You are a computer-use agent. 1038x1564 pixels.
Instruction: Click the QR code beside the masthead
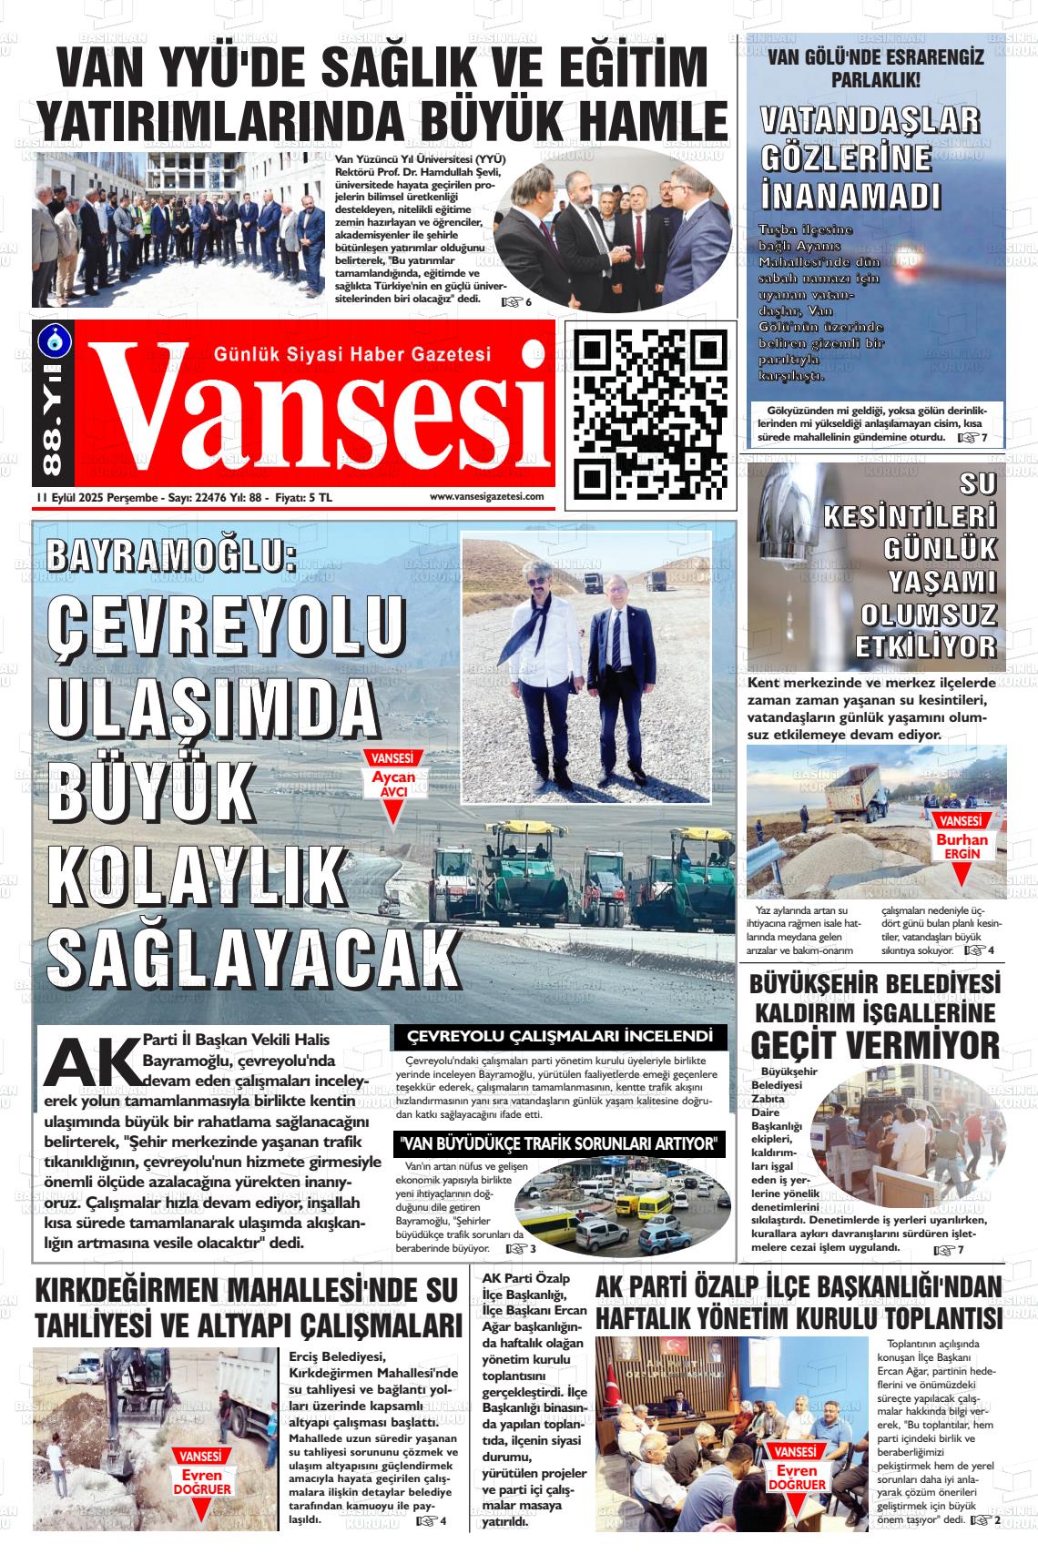(651, 414)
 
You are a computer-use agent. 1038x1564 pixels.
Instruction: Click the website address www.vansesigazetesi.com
(486, 496)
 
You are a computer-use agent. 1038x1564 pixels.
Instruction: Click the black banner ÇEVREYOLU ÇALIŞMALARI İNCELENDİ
(559, 1036)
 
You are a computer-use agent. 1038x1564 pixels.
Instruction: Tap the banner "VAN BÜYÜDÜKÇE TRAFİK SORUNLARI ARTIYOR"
(560, 1143)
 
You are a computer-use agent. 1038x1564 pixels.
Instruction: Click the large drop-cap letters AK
(93, 1061)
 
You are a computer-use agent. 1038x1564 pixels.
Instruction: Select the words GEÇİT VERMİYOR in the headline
(875, 1045)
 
